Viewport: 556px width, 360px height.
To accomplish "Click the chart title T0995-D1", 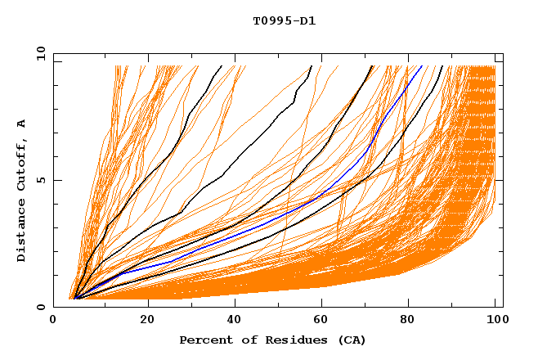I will point(285,21).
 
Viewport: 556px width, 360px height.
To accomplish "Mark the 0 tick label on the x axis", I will point(54,320).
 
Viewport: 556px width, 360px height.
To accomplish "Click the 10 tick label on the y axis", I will point(38,53).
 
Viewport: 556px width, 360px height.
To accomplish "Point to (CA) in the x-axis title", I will point(351,340).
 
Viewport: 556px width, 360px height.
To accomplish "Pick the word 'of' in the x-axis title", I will point(244,340).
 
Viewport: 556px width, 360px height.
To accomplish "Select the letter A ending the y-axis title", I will point(21,123).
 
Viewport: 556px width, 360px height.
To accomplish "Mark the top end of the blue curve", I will point(422,66).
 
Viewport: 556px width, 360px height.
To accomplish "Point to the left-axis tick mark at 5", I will point(56,180).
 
